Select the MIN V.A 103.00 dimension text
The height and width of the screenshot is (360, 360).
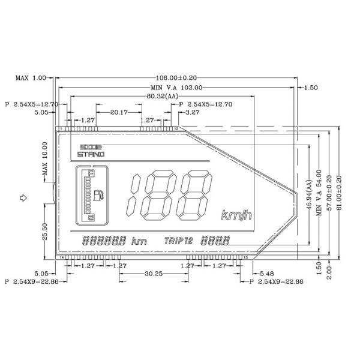click(x=179, y=88)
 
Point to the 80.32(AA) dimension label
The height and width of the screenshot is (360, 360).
click(x=163, y=96)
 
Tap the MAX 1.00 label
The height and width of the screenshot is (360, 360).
click(x=31, y=78)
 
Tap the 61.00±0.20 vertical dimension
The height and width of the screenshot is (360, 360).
click(x=339, y=191)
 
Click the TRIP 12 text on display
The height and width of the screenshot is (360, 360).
click(x=178, y=241)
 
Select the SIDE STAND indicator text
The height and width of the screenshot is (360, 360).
click(x=91, y=151)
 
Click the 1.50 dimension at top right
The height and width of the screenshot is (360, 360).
click(x=311, y=88)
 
